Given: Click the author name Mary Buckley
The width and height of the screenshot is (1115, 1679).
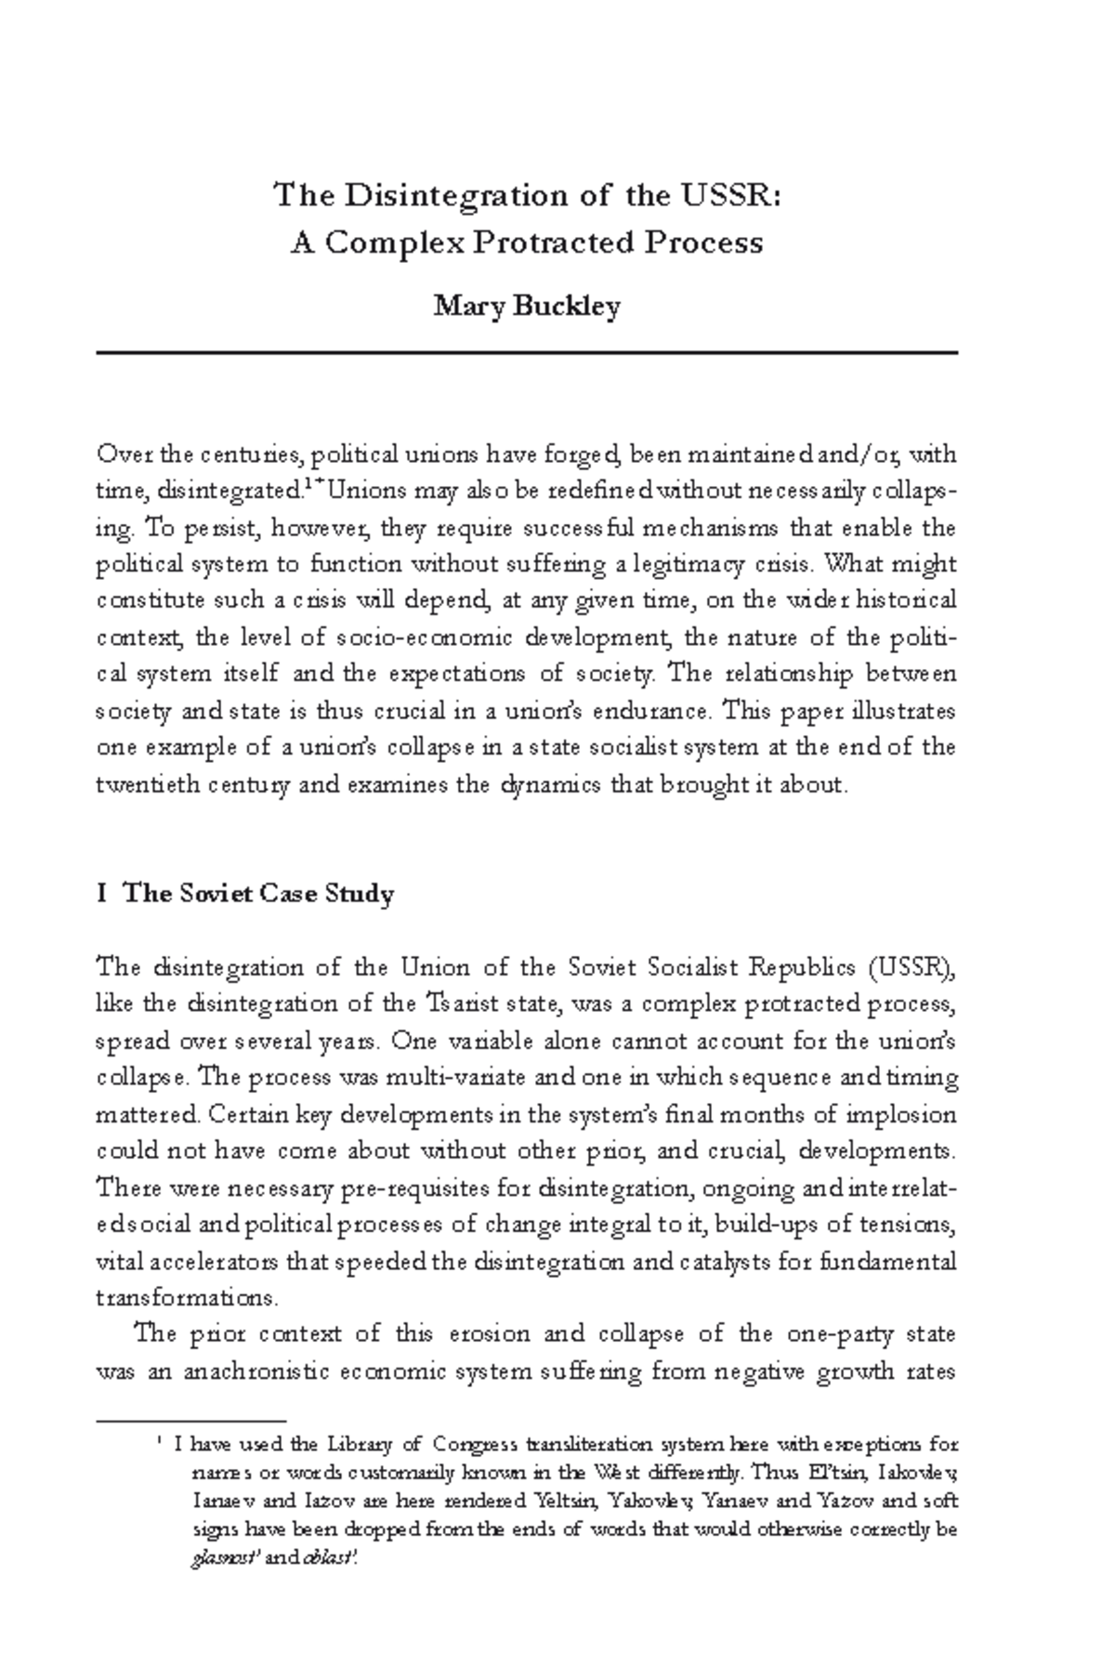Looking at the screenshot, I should click(x=526, y=306).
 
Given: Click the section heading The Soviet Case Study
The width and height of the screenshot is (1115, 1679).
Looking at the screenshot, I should click(x=258, y=894).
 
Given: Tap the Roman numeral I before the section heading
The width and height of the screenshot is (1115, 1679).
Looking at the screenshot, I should click(x=100, y=894).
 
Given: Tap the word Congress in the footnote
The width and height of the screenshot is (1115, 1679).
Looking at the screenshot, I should click(x=477, y=1445).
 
